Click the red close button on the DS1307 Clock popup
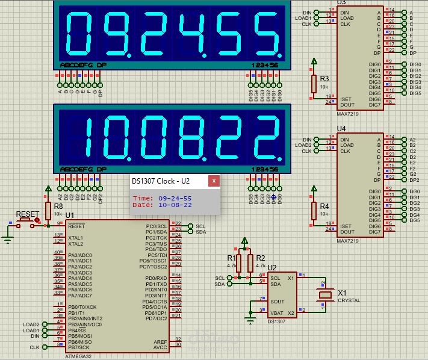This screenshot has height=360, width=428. tap(213, 181)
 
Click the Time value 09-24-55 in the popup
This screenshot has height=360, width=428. tap(175, 197)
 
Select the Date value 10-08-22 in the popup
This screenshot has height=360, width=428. tap(175, 205)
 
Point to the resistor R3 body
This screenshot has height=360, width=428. tap(313, 84)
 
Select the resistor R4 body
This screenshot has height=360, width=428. tap(313, 211)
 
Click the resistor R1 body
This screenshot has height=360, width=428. tap(238, 263)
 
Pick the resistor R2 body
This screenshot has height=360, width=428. tap(250, 263)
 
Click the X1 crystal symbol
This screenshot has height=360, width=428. tap(326, 294)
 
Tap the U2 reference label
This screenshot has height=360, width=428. tap(272, 267)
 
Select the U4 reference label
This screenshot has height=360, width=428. tap(342, 129)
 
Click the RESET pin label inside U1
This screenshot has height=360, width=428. tap(76, 226)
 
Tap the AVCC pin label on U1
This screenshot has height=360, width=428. tap(159, 347)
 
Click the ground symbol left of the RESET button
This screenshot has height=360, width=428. tap(7, 240)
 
